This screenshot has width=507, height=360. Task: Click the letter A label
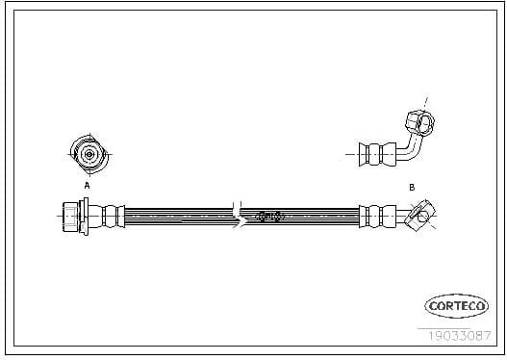[x=86, y=185]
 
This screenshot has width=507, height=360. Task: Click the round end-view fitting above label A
[x=87, y=153]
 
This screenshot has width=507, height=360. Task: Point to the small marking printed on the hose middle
[x=270, y=217]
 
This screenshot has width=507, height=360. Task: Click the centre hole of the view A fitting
[x=87, y=153]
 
